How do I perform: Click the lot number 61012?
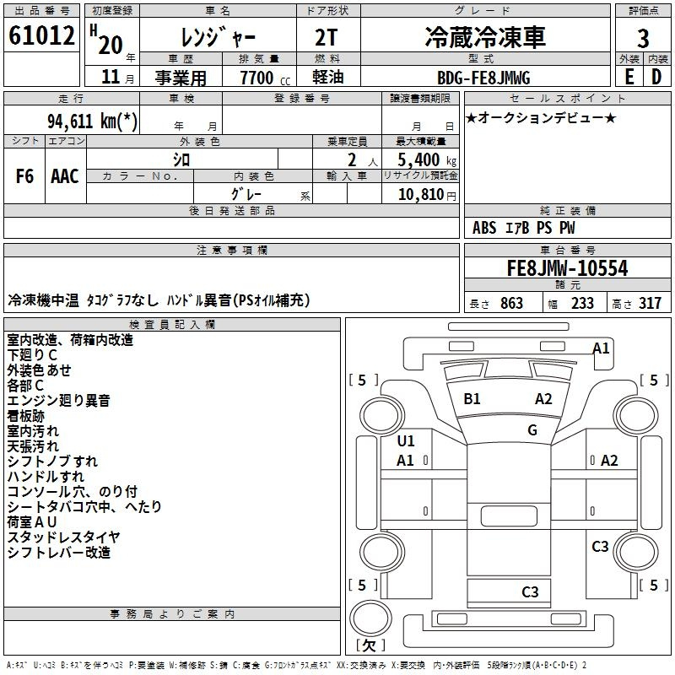tap(41, 35)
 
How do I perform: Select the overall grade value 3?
tap(643, 39)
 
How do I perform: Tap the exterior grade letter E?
tap(629, 77)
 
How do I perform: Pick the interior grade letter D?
tap(656, 77)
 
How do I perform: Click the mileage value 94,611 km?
tap(92, 121)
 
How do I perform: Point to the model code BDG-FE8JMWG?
tap(483, 78)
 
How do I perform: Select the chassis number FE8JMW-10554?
tap(567, 268)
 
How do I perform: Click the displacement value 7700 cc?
tap(265, 78)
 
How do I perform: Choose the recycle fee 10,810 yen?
tap(427, 195)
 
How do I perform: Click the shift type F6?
tap(24, 176)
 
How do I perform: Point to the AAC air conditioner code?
tap(65, 176)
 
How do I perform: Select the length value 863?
tap(511, 303)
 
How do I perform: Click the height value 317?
tap(650, 303)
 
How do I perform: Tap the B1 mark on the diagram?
tap(472, 398)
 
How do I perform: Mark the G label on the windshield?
tap(532, 429)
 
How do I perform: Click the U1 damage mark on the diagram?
tap(406, 440)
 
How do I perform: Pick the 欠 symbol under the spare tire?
tap(370, 645)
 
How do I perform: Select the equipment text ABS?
tap(484, 228)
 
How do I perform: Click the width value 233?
tap(582, 303)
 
